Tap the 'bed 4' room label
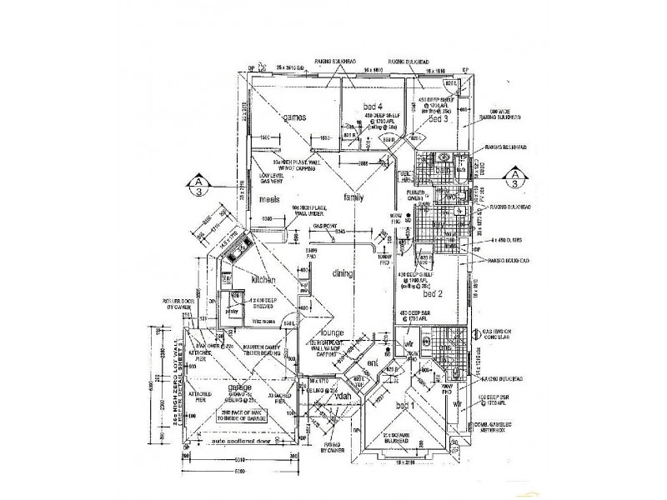tap(374, 106)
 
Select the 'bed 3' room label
tap(439, 119)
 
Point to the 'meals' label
tap(268, 200)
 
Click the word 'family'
tap(356, 197)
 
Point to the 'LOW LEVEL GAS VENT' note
tap(272, 179)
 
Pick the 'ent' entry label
tap(372, 364)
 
